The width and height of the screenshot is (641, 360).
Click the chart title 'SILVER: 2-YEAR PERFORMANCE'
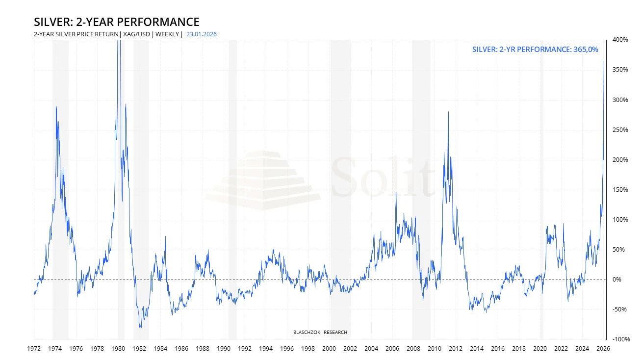click(116, 22)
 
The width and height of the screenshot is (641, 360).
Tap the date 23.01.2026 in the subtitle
click(202, 34)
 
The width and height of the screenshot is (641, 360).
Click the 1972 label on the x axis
click(34, 349)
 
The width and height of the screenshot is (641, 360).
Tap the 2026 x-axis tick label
click(603, 349)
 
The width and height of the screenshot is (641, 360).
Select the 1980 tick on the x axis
click(118, 349)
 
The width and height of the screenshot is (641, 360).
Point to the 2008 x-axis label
click(413, 349)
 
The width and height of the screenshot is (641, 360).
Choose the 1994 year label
click(266, 349)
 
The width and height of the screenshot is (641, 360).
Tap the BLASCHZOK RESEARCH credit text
click(320, 333)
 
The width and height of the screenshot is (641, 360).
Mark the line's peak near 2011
click(448, 112)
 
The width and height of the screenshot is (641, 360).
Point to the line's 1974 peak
click(56, 106)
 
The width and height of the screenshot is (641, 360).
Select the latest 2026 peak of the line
click(604, 61)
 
